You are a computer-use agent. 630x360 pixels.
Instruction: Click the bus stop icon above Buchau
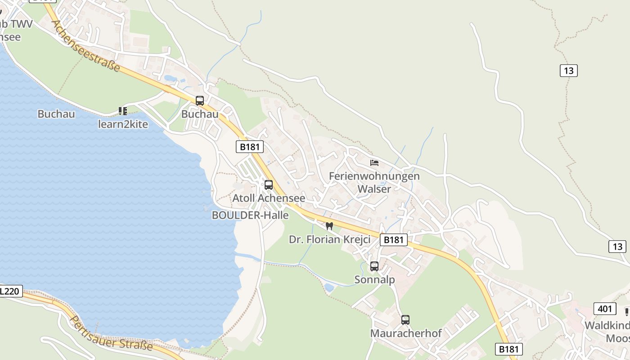pyautogui.click(x=200, y=101)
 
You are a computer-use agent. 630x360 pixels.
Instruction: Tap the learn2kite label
pyautogui.click(x=123, y=124)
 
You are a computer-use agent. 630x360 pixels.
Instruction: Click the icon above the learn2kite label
pyautogui.click(x=123, y=111)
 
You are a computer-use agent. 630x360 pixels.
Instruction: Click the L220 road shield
pyautogui.click(x=9, y=291)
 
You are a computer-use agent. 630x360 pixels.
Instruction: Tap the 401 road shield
pyautogui.click(x=605, y=309)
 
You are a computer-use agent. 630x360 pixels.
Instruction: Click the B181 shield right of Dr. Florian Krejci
pyautogui.click(x=393, y=240)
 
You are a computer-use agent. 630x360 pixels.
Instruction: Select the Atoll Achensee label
pyautogui.click(x=269, y=198)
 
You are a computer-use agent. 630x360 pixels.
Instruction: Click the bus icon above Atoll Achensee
pyautogui.click(x=269, y=184)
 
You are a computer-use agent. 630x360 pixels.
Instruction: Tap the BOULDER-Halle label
pyautogui.click(x=250, y=215)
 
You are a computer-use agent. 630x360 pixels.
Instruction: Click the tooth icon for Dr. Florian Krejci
pyautogui.click(x=329, y=226)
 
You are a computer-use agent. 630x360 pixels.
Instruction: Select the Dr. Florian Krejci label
pyautogui.click(x=329, y=239)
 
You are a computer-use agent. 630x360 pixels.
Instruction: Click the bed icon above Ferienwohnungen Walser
pyautogui.click(x=374, y=162)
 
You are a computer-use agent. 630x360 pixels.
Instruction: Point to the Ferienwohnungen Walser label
pyautogui.click(x=374, y=182)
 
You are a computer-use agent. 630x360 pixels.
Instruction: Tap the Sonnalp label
pyautogui.click(x=374, y=280)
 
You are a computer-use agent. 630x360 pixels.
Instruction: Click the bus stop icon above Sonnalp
pyautogui.click(x=374, y=266)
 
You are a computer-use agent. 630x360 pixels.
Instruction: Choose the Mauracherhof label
pyautogui.click(x=405, y=333)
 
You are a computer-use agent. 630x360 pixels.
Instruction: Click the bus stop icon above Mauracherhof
pyautogui.click(x=405, y=320)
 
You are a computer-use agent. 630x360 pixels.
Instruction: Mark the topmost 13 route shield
pyautogui.click(x=569, y=71)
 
